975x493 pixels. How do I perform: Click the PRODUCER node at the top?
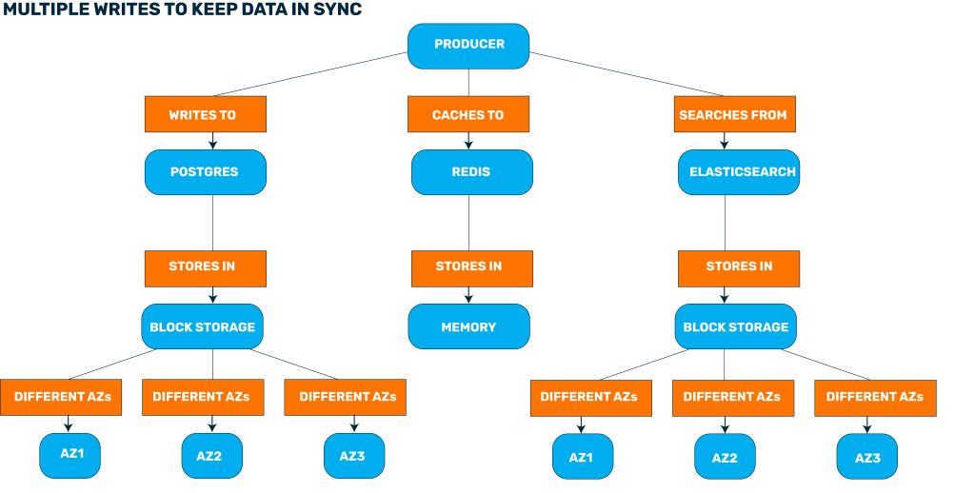[468, 45]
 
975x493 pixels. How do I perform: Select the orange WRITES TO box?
[206, 115]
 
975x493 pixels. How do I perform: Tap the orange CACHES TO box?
[468, 115]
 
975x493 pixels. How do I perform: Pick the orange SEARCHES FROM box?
[733, 115]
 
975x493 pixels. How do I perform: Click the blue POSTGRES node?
[205, 172]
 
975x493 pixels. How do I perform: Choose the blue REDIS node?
[471, 172]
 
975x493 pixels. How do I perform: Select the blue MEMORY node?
[468, 326]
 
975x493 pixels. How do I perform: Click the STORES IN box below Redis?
[471, 267]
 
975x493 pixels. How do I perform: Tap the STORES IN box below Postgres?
[205, 267]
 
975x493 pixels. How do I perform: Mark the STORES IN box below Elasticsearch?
[739, 267]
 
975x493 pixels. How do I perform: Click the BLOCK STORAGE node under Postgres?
[202, 326]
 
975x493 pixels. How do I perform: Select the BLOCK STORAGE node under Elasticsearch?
[736, 326]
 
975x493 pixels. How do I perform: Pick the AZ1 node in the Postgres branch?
[70, 455]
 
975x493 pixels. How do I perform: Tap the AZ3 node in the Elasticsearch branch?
[866, 457]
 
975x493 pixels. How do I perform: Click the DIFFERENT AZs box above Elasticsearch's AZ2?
[732, 397]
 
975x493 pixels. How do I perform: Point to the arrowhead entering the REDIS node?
[468, 145]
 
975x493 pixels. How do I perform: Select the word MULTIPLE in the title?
[38, 10]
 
